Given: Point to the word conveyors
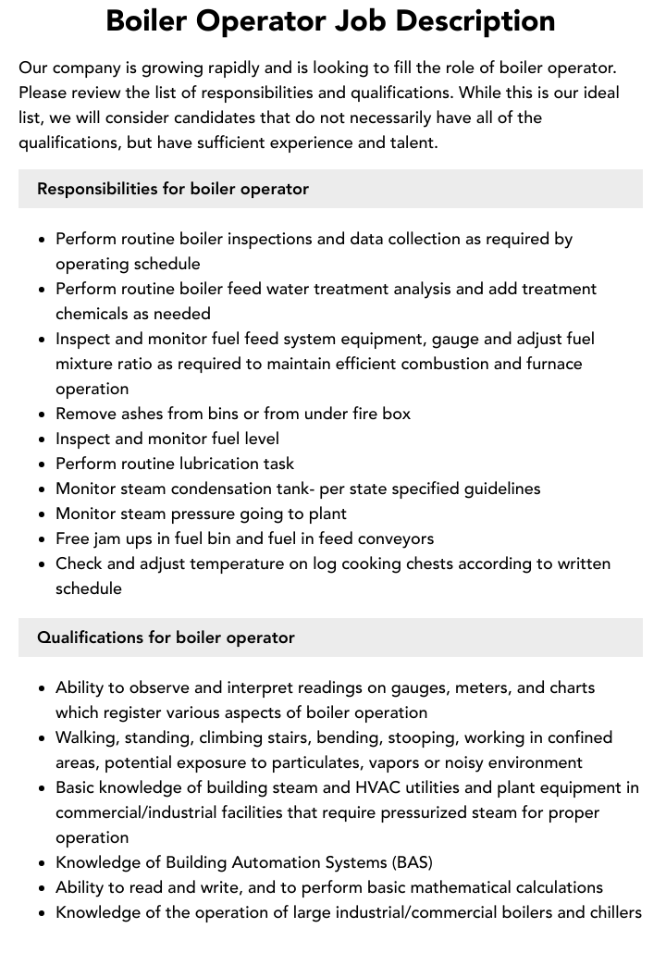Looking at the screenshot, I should pos(393,538).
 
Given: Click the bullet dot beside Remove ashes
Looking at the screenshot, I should pos(43,415).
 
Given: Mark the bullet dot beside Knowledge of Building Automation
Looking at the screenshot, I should pos(43,863).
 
